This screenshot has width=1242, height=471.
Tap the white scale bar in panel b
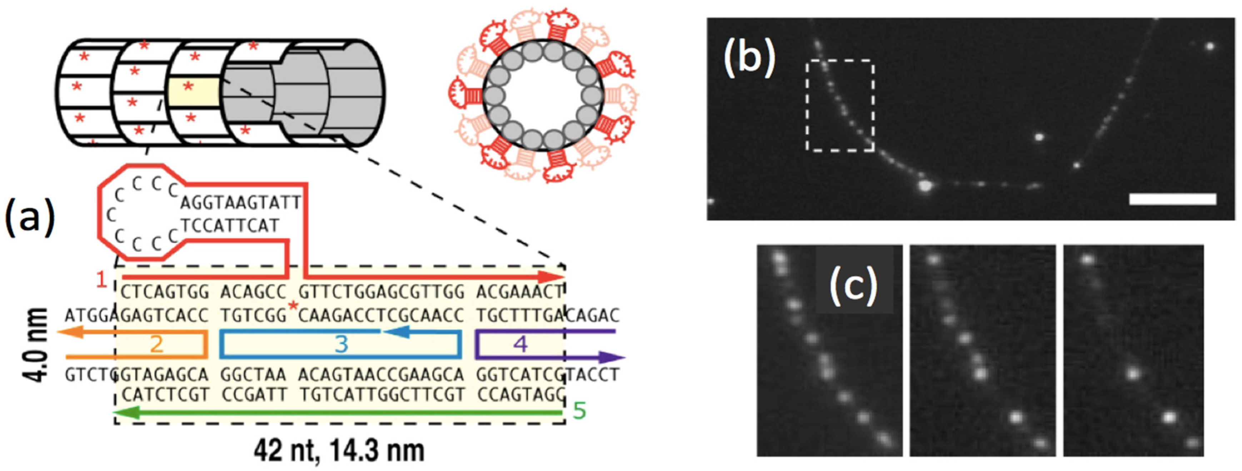pos(1173,199)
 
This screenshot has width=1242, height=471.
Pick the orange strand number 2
pos(157,344)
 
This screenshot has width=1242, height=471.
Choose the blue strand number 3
pos(341,344)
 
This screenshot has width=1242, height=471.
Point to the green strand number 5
pos(579,411)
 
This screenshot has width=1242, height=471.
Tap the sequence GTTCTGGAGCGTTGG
pos(381,292)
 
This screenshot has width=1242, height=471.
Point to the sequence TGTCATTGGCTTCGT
pos(382,395)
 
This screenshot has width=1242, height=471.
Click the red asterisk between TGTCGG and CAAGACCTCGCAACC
pos(292,306)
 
